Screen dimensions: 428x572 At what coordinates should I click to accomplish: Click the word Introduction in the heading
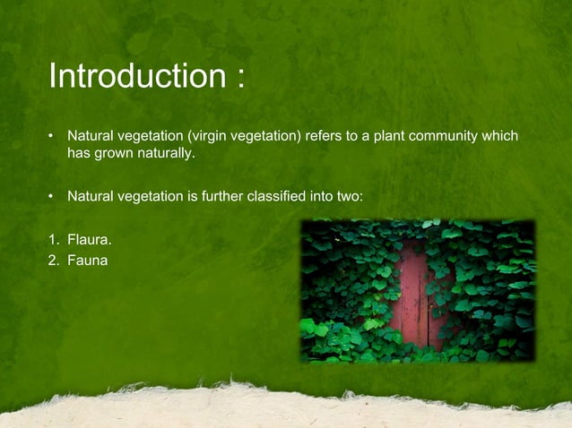(134, 77)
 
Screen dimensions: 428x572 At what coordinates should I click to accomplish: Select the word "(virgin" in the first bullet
(211, 136)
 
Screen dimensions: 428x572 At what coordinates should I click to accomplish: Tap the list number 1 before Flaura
(53, 240)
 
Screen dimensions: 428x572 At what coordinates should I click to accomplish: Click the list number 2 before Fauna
(53, 260)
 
